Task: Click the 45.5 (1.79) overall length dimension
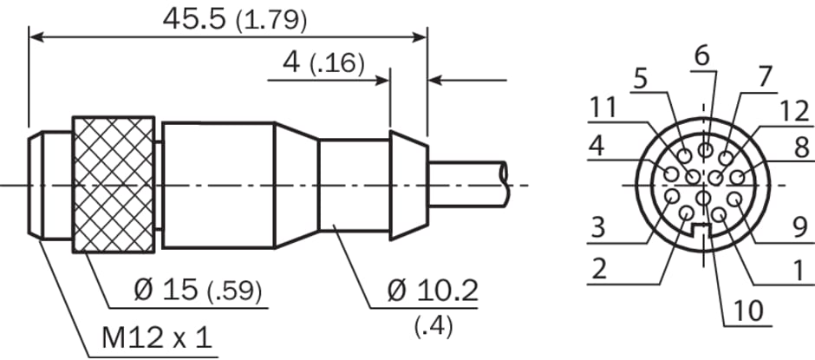point(234,19)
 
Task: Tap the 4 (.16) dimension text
point(323,62)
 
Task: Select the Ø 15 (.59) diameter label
point(198,291)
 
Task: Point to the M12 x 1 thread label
point(157,338)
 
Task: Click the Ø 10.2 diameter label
point(433,291)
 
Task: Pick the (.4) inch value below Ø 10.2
point(434,325)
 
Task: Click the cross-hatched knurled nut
point(114,185)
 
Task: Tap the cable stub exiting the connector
point(467,185)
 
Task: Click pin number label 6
point(701,56)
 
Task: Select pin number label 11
point(603,108)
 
